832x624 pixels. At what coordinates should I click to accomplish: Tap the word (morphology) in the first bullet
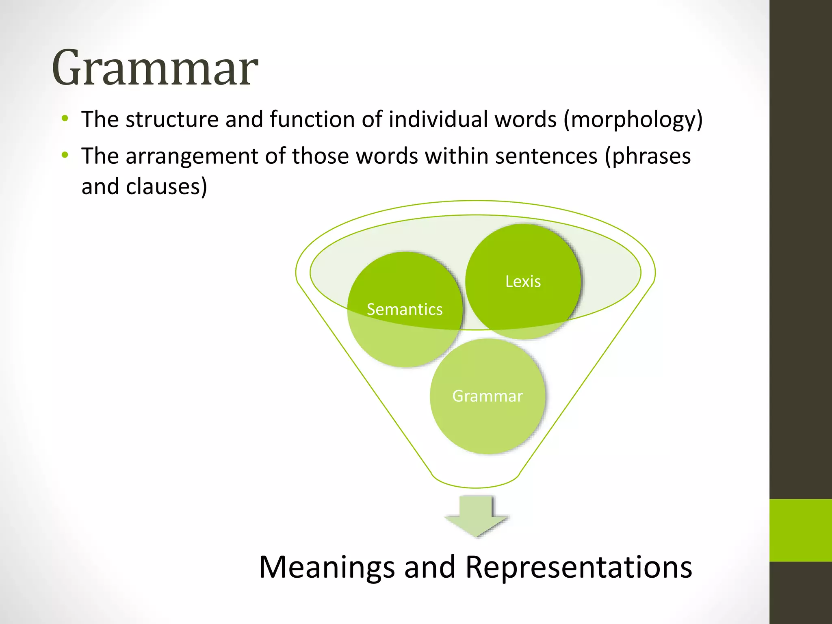pos(633,120)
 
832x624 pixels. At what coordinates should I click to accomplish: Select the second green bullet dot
pos(65,155)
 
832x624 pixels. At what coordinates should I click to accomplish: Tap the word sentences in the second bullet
pos(546,156)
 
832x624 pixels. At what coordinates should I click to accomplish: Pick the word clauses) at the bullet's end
pos(167,187)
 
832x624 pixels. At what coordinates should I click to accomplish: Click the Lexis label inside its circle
pos(523,282)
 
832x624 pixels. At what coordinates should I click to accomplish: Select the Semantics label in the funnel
pos(405,310)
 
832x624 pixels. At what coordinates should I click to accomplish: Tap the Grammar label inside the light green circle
pos(487,396)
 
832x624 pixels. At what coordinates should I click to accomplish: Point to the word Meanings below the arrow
pos(327,567)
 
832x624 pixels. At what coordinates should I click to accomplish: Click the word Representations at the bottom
pos(578,567)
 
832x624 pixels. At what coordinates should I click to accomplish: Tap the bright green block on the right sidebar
pos(800,530)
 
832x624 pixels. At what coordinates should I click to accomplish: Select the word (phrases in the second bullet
pos(648,157)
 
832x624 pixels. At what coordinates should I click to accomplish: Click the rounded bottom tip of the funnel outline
pos(475,487)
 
